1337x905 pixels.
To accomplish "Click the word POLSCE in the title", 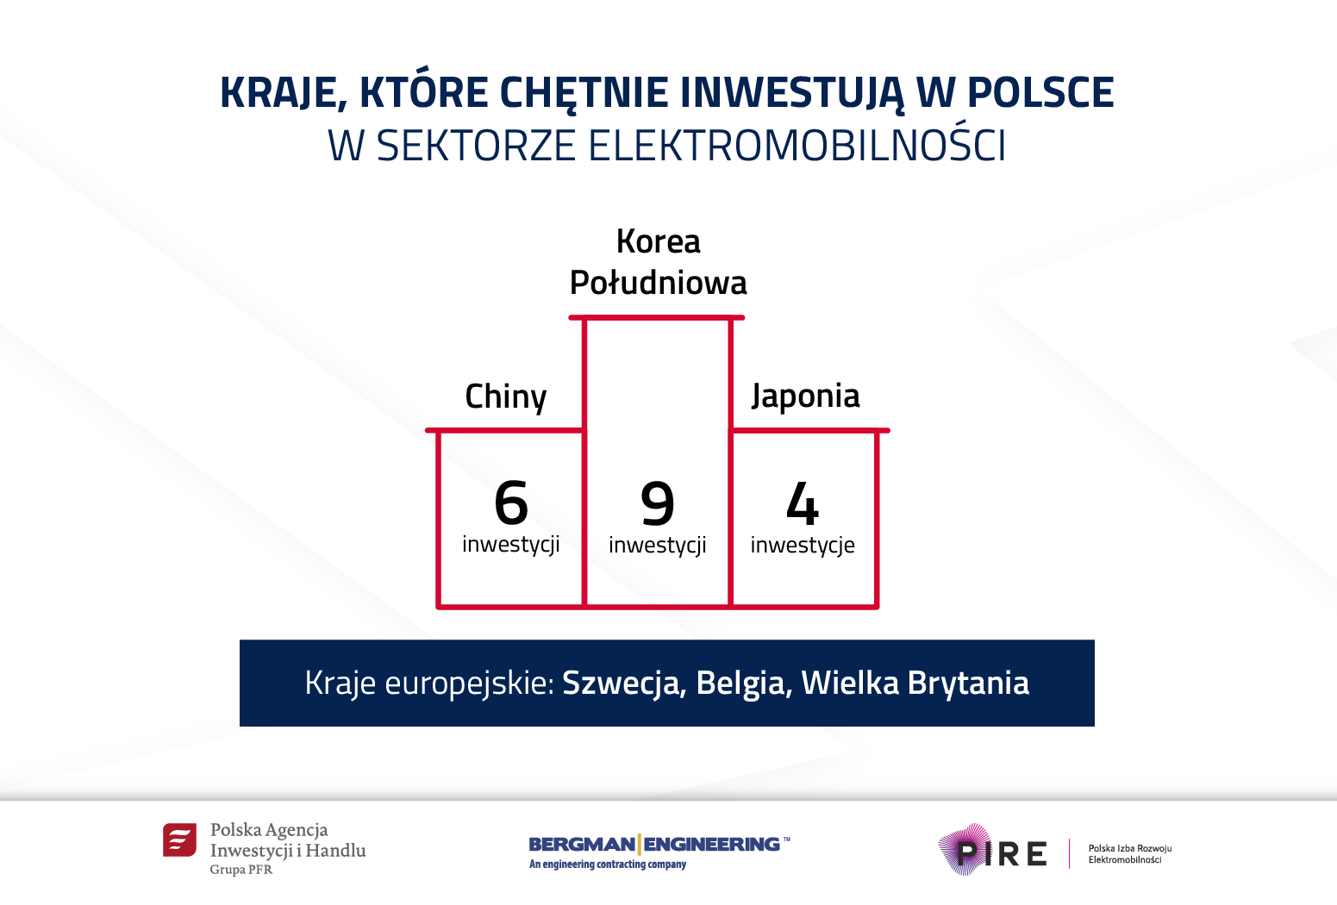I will (x=1040, y=93).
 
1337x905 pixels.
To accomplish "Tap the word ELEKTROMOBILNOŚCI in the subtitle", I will (x=797, y=146).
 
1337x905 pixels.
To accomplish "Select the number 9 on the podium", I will (x=657, y=504).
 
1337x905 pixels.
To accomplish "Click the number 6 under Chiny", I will (x=511, y=502).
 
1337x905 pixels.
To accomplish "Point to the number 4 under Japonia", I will (x=803, y=503).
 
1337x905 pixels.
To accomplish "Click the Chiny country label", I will (x=506, y=396).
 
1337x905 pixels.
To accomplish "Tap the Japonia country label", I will (x=805, y=396).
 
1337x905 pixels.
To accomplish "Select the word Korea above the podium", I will (x=658, y=242).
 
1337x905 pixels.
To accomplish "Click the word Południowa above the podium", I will (x=658, y=283).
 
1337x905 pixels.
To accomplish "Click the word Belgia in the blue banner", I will (x=744, y=683).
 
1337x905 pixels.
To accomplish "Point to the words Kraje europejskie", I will (x=428, y=683).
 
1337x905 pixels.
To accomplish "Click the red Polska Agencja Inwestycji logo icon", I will (x=179, y=840).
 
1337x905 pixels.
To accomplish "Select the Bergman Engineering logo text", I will (x=654, y=845).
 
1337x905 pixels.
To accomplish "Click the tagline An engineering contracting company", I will (x=608, y=864).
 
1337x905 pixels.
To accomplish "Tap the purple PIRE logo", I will (x=991, y=851).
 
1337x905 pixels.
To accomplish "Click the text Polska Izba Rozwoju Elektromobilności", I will (x=1129, y=854).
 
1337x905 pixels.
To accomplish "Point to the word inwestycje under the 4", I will (x=803, y=546).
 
